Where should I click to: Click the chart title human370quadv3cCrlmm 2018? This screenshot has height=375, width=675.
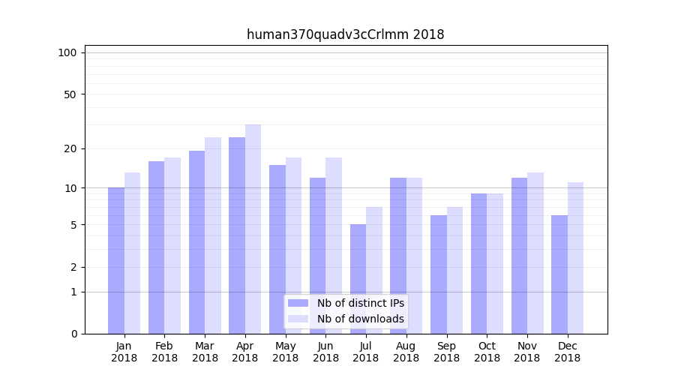coord(345,34)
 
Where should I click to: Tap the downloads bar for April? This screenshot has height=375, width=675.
coord(253,229)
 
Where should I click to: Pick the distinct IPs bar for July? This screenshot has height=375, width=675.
coord(358,279)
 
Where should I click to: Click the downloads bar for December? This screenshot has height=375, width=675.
coord(575,258)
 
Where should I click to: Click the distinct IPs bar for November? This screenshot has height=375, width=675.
coord(519,256)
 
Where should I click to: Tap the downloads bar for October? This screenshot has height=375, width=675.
coord(495,263)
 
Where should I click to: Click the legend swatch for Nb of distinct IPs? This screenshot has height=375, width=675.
coord(298,303)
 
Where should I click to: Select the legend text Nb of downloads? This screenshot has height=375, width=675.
coord(361,319)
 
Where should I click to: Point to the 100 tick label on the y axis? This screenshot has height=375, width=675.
coord(67,52)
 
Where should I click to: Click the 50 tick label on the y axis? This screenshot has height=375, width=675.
coord(70,94)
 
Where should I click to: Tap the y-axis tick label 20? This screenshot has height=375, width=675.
coord(70,148)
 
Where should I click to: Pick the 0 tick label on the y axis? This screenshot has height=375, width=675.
coord(73,334)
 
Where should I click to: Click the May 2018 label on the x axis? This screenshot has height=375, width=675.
coord(285,352)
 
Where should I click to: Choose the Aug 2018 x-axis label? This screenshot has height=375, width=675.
coord(406,352)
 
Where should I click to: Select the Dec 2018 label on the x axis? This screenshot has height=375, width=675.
coord(567,352)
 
